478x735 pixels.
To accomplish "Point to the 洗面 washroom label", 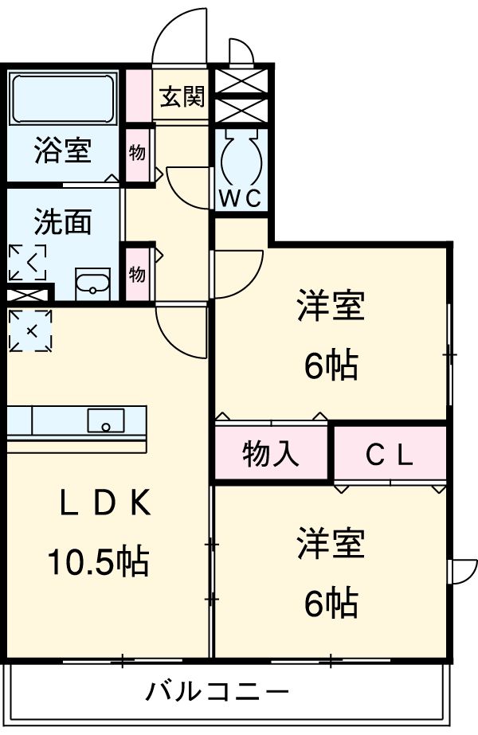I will [x=62, y=222].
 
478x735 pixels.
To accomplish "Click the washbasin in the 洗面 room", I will [x=95, y=283].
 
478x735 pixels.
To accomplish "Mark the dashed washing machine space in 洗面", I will [x=28, y=262].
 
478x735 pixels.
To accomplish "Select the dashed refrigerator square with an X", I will [x=31, y=330].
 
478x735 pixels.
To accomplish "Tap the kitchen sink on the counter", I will [x=105, y=420].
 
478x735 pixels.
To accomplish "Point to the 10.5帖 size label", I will [x=97, y=563].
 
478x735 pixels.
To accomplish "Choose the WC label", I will [x=240, y=199].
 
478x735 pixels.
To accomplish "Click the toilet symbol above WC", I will [x=241, y=156].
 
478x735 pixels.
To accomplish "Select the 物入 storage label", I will [x=271, y=454].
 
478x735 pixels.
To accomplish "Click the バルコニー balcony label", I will [x=217, y=691].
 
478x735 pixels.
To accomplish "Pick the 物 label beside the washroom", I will [x=137, y=274].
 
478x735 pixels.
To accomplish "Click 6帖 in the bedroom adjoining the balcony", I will [x=331, y=606].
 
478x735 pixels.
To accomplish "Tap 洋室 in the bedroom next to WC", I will [x=331, y=306].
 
